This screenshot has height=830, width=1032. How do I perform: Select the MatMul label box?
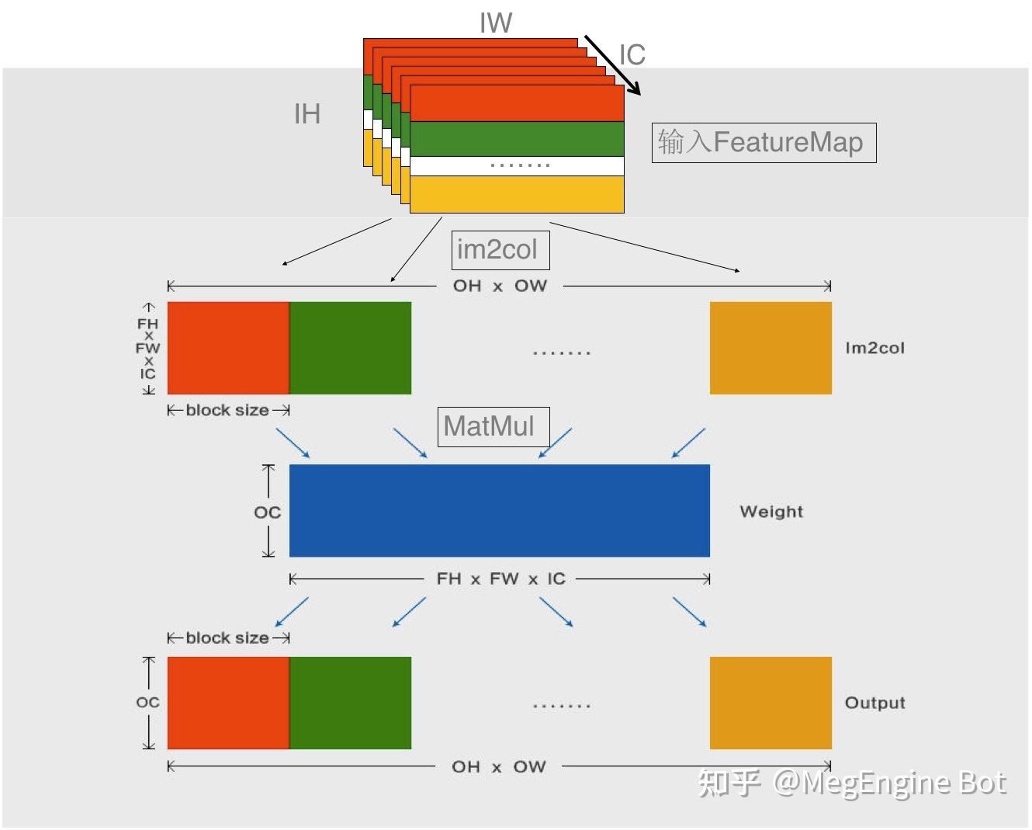pos(493,426)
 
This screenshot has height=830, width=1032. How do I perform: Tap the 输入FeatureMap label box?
pos(764,143)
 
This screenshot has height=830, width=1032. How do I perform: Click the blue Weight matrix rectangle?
pos(499,510)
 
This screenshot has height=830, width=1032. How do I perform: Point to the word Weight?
pos(771,512)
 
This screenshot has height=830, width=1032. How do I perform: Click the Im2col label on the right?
pos(874,348)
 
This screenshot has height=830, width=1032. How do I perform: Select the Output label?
pos(874,703)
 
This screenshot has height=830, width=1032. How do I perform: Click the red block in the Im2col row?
pos(228,348)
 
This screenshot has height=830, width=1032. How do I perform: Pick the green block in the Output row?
pos(350,703)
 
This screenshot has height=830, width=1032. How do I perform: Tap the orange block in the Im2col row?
pos(771,348)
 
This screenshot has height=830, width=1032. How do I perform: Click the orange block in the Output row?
pos(771,703)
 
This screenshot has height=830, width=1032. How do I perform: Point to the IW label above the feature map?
pos(495,23)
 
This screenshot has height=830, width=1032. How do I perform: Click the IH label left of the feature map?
pos(307,115)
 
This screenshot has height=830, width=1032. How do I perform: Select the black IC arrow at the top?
pos(612,64)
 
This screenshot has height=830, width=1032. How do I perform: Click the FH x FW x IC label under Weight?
pos(500,578)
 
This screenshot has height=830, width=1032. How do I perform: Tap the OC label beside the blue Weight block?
pos(268,512)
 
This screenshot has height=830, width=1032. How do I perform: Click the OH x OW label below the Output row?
pos(499,767)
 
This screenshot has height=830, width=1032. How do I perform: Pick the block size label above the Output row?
pos(227,638)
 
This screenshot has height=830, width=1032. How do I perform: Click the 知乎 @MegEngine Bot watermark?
pos(851,783)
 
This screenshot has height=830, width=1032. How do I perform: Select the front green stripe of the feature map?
pos(517,139)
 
